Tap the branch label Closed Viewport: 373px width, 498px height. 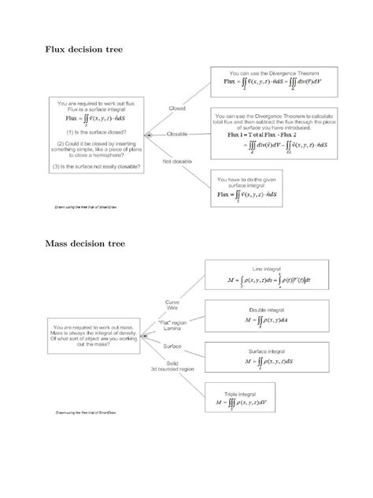pos(176,108)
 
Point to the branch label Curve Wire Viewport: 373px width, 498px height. pos(172,306)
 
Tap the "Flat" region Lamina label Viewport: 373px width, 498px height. pos(172,326)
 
